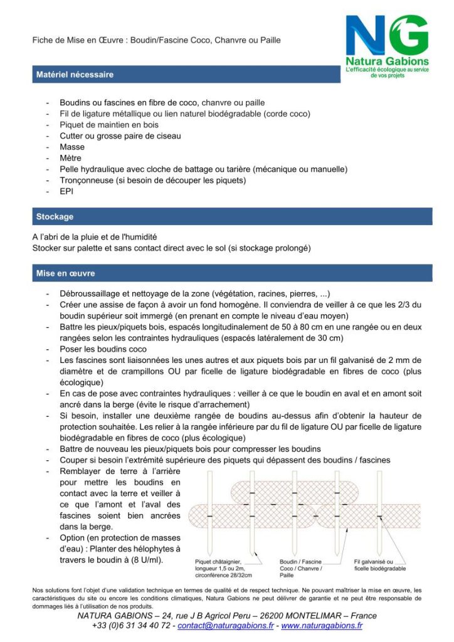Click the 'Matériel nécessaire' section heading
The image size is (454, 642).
[x=75, y=75]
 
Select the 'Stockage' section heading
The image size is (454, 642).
[x=55, y=217]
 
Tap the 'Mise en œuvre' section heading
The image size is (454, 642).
[x=65, y=274]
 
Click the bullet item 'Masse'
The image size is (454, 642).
[x=72, y=147]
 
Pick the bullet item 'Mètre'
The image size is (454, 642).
[x=71, y=158]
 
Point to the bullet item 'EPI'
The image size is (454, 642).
[x=66, y=191]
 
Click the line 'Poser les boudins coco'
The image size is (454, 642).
[x=103, y=349]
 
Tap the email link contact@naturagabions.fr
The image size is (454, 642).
[x=225, y=626]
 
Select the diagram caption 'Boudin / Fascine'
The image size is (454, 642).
[x=300, y=562]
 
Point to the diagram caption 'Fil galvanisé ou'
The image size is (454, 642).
[x=374, y=562]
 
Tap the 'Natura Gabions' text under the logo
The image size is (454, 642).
[x=388, y=61]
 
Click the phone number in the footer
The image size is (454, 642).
[x=130, y=626]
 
